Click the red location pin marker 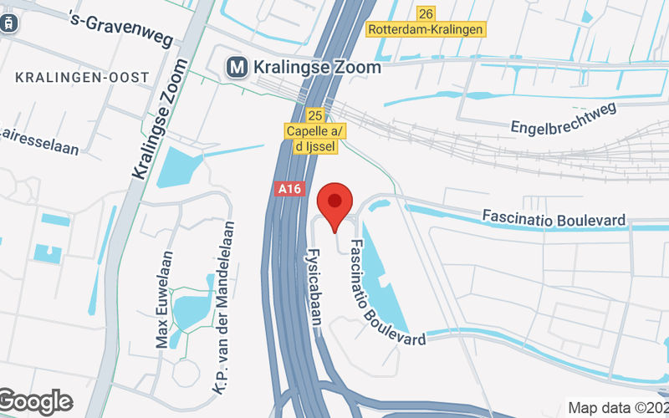(335, 206)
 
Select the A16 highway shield (287, 190)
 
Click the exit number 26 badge (426, 13)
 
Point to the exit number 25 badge (314, 115)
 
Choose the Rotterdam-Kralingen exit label (426, 29)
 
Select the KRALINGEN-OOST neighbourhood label (82, 77)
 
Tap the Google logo (35, 402)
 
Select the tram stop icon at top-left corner (8, 23)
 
